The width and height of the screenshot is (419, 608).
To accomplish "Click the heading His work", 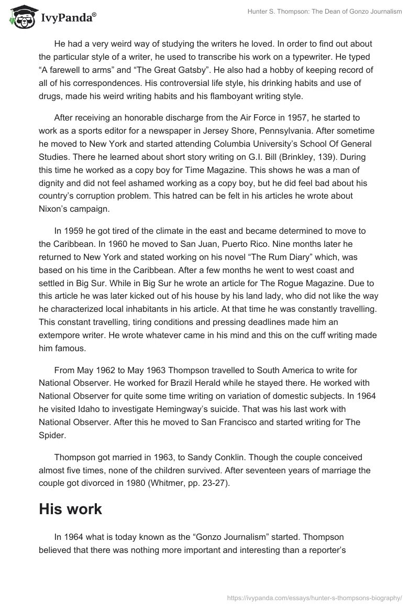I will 70,508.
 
